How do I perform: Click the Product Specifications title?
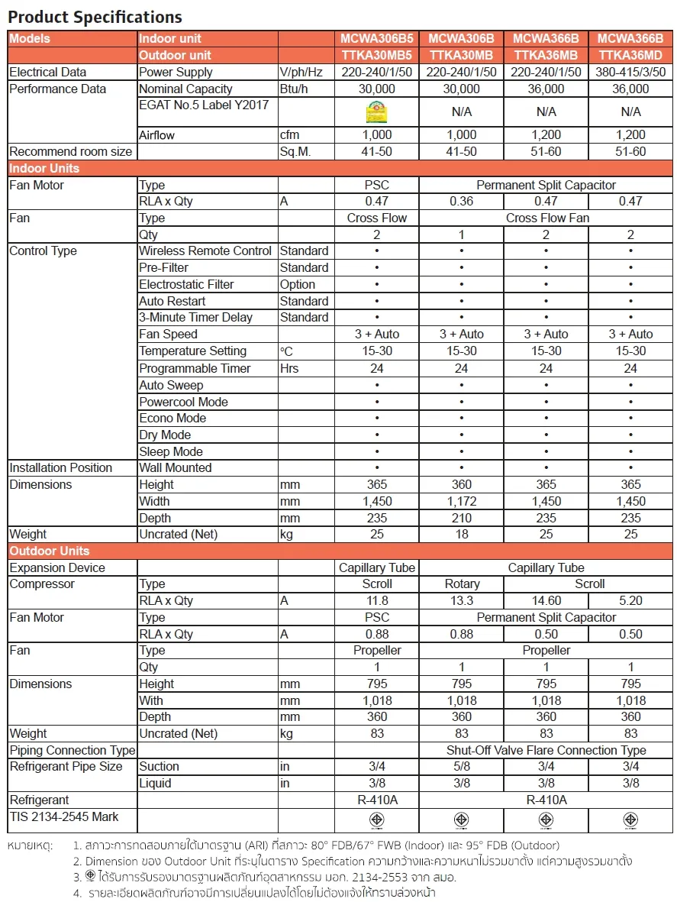click(x=95, y=17)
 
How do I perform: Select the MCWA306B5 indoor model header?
click(x=377, y=38)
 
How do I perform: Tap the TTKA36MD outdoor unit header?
click(x=630, y=55)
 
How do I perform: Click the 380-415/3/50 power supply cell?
click(x=630, y=72)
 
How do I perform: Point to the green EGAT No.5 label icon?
click(x=377, y=112)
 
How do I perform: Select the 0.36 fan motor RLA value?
click(x=461, y=202)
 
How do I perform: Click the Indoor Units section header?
click(x=44, y=168)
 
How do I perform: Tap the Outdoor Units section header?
click(x=50, y=551)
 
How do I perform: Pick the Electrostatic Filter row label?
click(x=186, y=284)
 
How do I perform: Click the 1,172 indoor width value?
click(x=461, y=501)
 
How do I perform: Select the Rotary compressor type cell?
click(x=461, y=584)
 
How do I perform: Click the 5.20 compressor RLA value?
click(x=630, y=600)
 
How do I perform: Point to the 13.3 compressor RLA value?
click(x=461, y=600)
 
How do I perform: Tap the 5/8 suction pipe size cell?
click(x=461, y=766)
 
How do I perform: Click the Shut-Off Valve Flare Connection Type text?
click(x=546, y=750)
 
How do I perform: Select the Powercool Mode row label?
click(x=183, y=402)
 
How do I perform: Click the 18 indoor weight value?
click(x=461, y=534)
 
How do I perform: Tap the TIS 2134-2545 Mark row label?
click(x=64, y=816)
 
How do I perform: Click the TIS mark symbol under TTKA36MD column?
click(x=630, y=820)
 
